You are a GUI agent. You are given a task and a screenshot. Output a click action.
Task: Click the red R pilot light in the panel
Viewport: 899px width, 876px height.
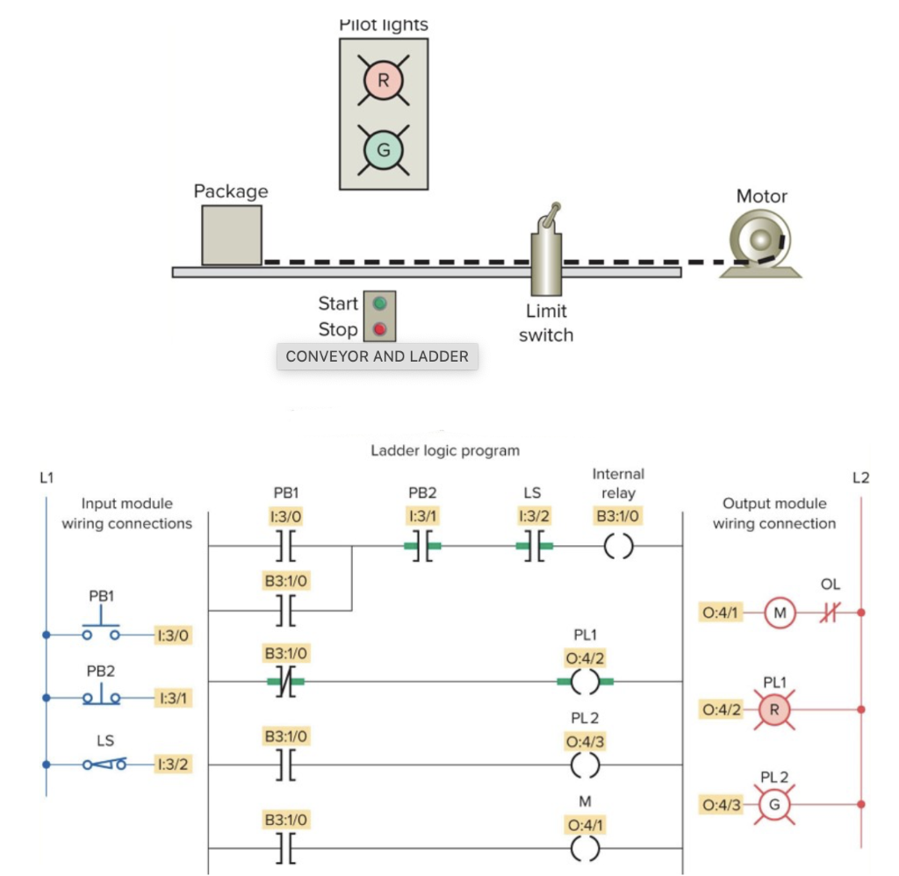[383, 82]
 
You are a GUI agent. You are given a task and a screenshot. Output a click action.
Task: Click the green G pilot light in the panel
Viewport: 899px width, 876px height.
[383, 150]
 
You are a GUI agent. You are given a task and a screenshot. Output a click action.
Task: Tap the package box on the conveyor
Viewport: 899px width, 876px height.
[232, 235]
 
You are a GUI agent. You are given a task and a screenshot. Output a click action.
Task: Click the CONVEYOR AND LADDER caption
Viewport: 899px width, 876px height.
[378, 356]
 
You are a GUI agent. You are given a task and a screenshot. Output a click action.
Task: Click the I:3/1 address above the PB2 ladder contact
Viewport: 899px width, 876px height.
[424, 515]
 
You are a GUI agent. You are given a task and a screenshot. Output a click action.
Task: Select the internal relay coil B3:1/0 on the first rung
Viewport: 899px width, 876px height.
[618, 546]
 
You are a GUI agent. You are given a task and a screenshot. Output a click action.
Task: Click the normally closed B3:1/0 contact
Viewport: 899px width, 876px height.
[284, 681]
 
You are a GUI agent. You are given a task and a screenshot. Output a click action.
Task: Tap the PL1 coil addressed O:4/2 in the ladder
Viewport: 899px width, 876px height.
[585, 681]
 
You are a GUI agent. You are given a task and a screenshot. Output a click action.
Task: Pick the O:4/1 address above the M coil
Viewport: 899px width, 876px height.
[586, 825]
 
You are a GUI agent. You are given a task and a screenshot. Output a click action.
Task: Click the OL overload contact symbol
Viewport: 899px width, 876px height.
[830, 613]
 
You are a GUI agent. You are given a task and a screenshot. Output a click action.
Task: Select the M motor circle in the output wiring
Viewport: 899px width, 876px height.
[779, 613]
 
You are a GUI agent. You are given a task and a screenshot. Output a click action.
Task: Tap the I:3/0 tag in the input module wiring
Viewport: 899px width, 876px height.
[172, 632]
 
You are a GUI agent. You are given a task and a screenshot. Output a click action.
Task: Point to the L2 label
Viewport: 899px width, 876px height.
[860, 478]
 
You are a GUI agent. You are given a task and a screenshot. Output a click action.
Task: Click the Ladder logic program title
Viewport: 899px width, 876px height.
[445, 450]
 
